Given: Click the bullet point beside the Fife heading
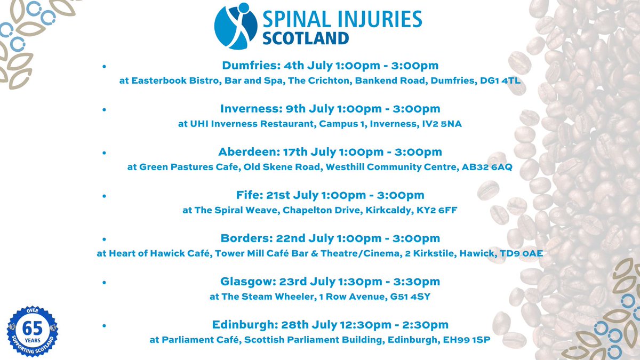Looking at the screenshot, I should pyautogui.click(x=104, y=196).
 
